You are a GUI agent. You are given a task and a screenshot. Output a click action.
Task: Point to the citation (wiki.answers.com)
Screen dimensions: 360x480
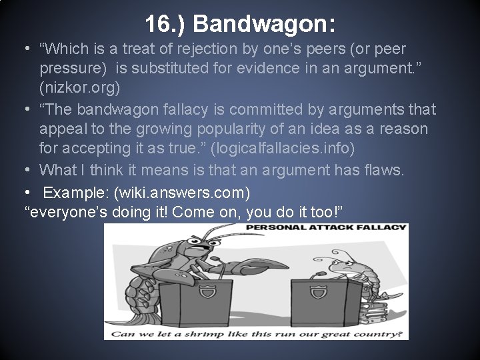point(182,193)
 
